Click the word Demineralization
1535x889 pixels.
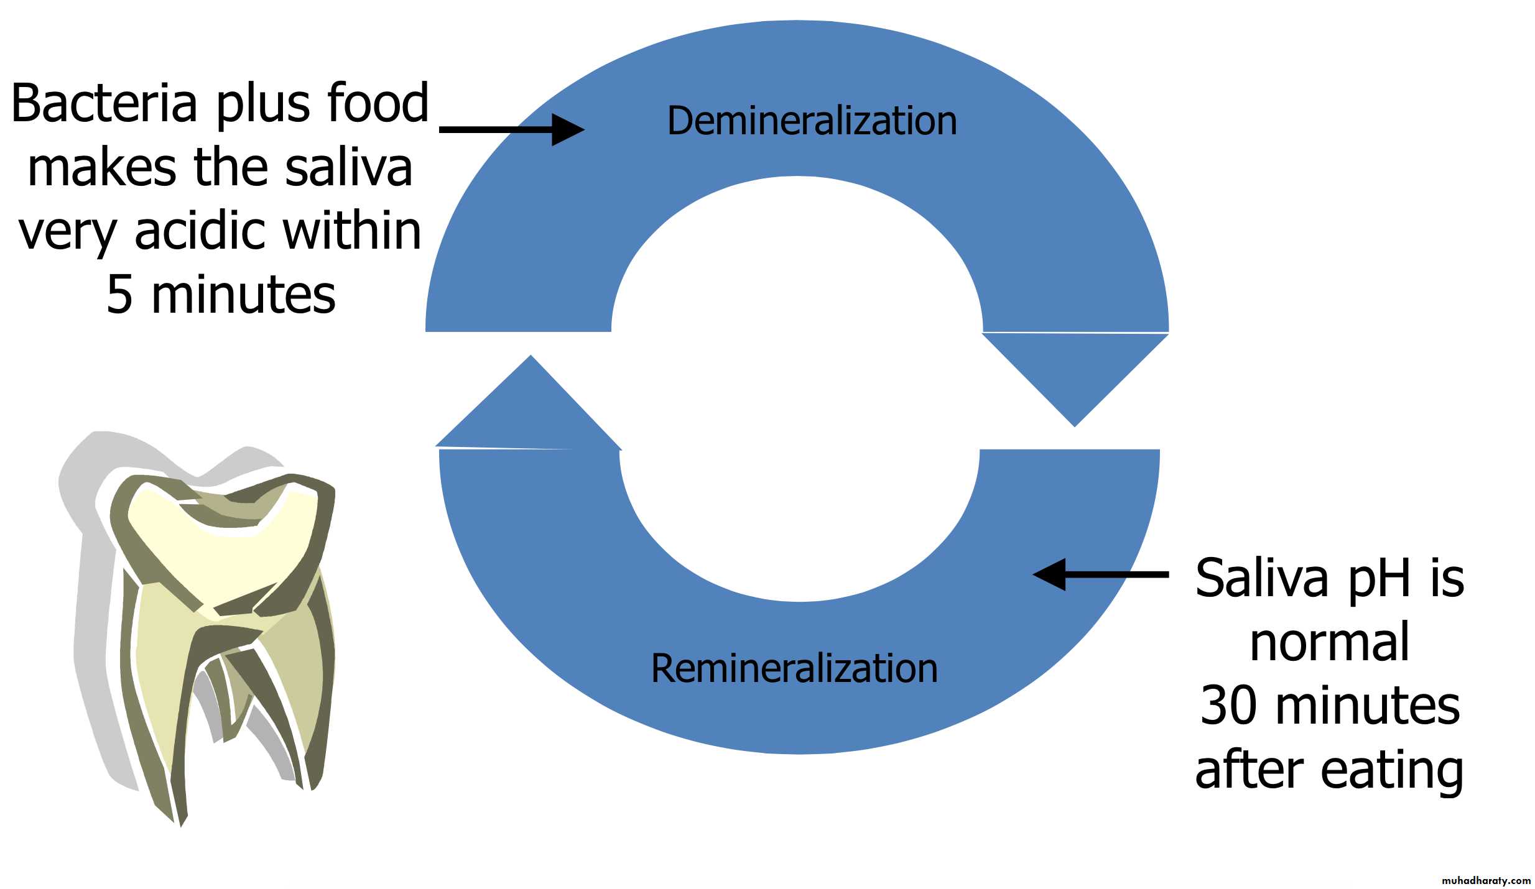pos(812,121)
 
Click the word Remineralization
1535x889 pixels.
pos(794,669)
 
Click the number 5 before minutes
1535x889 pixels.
pos(120,295)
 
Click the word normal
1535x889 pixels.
pos(1329,643)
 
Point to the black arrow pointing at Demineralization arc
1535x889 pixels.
pos(511,130)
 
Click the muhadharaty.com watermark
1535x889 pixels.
pos(1486,880)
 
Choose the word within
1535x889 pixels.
pos(353,231)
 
